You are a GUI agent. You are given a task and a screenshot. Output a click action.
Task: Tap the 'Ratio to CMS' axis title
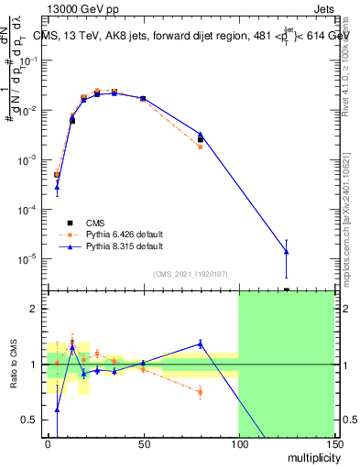[15, 365]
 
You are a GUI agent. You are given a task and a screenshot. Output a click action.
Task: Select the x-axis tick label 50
[143, 444]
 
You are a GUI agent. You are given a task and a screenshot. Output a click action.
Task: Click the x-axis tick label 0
[48, 444]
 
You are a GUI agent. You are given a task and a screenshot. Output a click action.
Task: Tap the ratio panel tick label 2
[32, 310]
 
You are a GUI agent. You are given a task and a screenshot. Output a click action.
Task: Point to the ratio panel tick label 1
[32, 365]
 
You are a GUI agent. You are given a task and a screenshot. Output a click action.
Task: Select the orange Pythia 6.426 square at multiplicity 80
[200, 147]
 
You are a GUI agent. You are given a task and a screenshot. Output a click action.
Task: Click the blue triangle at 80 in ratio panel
[200, 344]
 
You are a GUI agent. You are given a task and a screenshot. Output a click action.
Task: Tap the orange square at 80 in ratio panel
[200, 392]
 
